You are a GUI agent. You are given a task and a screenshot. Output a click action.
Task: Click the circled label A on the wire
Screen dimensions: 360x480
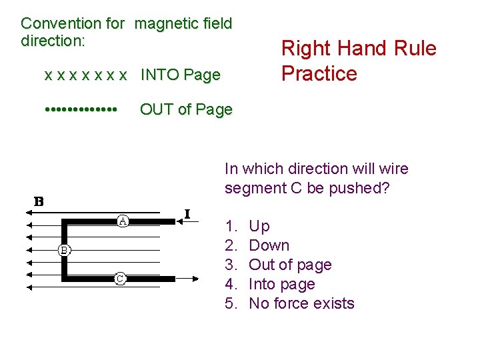tap(123, 220)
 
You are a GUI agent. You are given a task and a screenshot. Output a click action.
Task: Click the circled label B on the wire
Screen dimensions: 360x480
tap(64, 250)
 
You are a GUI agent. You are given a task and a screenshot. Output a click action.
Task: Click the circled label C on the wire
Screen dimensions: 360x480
tap(120, 279)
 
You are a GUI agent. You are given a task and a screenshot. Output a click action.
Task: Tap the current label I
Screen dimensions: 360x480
tap(187, 213)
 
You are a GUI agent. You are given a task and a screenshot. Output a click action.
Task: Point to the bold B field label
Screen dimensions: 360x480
tap(39, 201)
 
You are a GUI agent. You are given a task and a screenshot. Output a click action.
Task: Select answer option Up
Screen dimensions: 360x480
tap(259, 226)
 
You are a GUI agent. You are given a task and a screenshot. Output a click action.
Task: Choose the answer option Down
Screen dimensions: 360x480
tap(269, 245)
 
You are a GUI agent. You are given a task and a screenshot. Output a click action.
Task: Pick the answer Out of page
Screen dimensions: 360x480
tap(290, 265)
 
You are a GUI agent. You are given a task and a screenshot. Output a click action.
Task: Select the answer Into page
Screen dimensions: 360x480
tap(281, 284)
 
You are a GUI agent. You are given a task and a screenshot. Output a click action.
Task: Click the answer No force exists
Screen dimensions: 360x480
tap(301, 303)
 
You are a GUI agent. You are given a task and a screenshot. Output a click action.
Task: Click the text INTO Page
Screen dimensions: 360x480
tap(180, 75)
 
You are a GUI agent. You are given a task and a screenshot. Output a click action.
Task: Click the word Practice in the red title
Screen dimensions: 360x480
tap(319, 73)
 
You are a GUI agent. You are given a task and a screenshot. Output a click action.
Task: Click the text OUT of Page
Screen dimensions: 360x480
tap(186, 109)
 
